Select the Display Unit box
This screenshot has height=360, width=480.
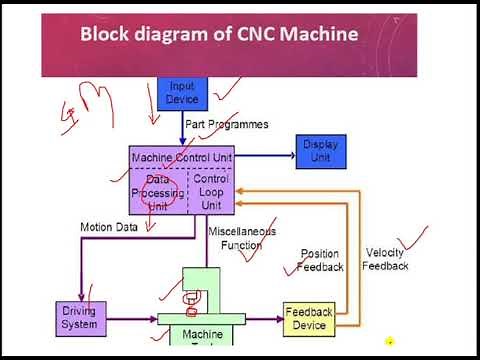321,151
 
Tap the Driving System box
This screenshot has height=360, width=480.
79,319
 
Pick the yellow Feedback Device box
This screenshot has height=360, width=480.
308,319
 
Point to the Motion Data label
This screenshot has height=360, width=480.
109,227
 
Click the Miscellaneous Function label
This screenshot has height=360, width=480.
236,239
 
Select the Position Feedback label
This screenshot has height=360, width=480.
320,260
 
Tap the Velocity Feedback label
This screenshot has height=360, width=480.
385,259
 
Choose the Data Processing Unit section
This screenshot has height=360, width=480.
158,191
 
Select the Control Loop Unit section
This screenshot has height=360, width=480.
210,191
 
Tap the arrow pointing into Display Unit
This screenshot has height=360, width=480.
286,155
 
